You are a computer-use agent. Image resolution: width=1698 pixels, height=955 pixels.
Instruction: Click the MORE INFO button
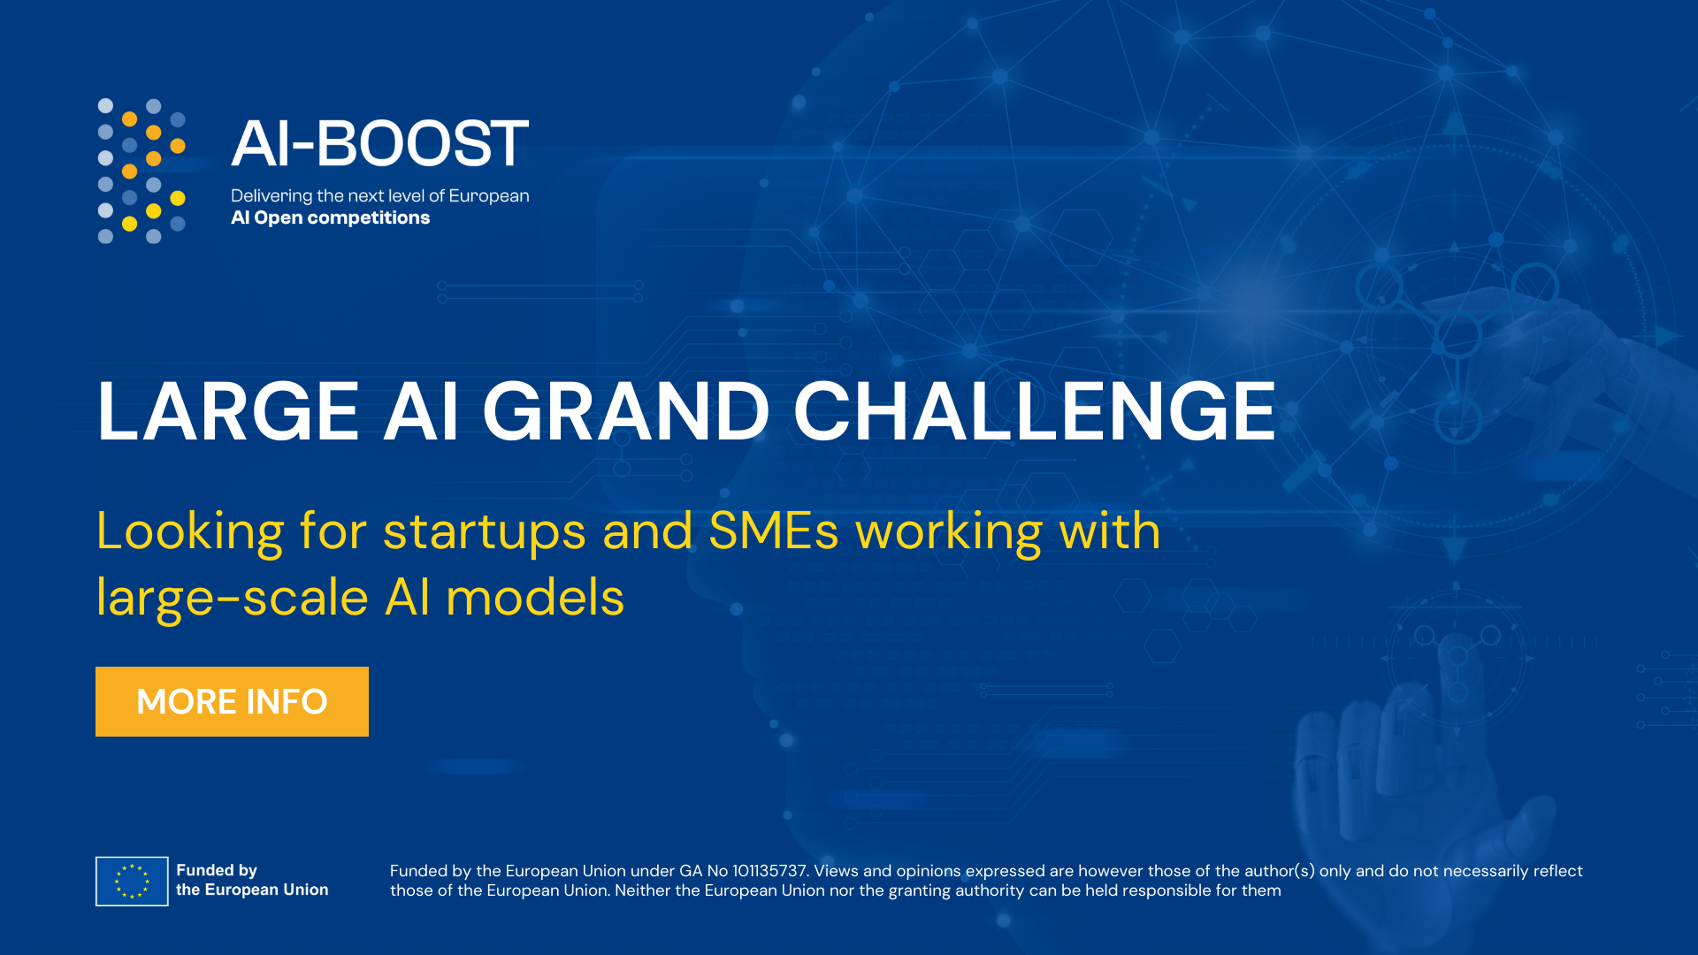(x=232, y=701)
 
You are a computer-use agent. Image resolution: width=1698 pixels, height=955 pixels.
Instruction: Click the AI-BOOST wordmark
(x=379, y=143)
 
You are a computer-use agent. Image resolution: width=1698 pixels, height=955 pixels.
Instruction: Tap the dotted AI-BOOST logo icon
(x=141, y=171)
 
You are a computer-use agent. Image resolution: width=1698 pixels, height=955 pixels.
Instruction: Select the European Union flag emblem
(x=132, y=881)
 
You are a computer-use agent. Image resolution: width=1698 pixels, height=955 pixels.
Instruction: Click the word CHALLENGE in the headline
(x=1034, y=411)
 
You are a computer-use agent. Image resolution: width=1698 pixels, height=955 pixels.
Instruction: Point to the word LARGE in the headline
(x=228, y=411)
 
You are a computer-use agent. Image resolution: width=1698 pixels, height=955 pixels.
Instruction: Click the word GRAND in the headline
(x=625, y=411)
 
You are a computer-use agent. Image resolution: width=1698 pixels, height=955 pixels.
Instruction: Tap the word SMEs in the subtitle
(x=774, y=531)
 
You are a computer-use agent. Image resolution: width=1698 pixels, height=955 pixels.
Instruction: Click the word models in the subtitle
(x=535, y=597)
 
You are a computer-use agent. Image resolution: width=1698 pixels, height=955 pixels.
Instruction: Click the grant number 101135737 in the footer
(x=769, y=871)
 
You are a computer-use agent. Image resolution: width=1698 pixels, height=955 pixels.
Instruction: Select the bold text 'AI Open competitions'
(x=330, y=218)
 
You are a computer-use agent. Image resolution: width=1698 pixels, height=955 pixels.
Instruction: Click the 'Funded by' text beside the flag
(x=217, y=871)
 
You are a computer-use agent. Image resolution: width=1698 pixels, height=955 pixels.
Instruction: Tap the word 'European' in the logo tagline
(x=489, y=196)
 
